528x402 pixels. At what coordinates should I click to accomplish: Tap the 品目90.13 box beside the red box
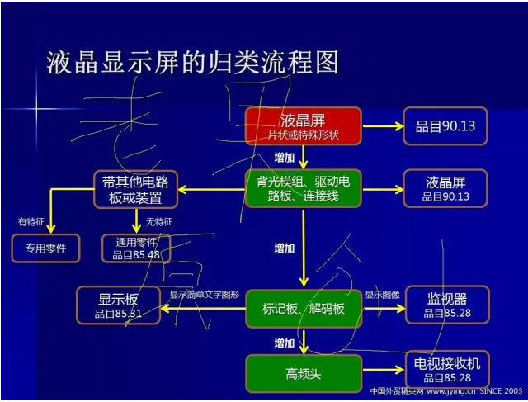click(x=445, y=127)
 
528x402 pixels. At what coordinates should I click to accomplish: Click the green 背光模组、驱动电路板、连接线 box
click(x=303, y=188)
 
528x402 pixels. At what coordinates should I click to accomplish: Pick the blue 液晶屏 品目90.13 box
click(x=445, y=188)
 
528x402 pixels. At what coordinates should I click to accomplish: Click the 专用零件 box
click(x=45, y=248)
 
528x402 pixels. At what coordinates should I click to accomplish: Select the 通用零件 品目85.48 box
click(x=136, y=248)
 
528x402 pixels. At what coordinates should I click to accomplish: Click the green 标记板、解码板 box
click(x=303, y=310)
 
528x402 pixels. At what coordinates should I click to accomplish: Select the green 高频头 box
click(x=303, y=374)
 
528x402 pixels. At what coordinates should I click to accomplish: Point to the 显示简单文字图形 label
click(x=205, y=295)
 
